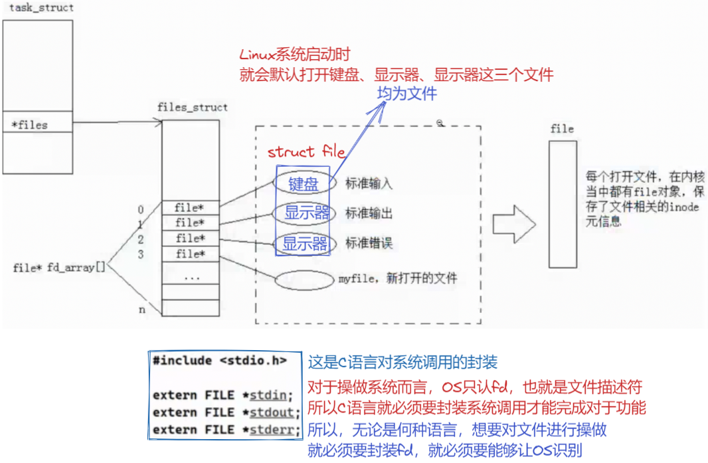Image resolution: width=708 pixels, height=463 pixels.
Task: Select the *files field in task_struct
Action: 31,124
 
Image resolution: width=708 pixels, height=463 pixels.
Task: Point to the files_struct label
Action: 192,107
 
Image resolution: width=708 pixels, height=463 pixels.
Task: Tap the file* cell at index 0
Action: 190,208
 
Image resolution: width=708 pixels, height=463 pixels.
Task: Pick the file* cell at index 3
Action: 190,254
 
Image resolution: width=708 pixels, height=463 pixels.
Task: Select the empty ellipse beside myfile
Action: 304,280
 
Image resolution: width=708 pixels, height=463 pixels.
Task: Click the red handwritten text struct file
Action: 306,152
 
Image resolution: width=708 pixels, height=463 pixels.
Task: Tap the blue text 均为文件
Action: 407,94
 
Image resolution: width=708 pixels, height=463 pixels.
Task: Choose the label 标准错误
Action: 369,243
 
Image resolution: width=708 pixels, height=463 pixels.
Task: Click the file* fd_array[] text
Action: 58,268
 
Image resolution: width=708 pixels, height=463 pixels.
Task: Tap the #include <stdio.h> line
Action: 220,361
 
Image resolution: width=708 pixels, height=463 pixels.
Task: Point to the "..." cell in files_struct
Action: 191,277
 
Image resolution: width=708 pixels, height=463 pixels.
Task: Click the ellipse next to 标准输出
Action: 303,213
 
